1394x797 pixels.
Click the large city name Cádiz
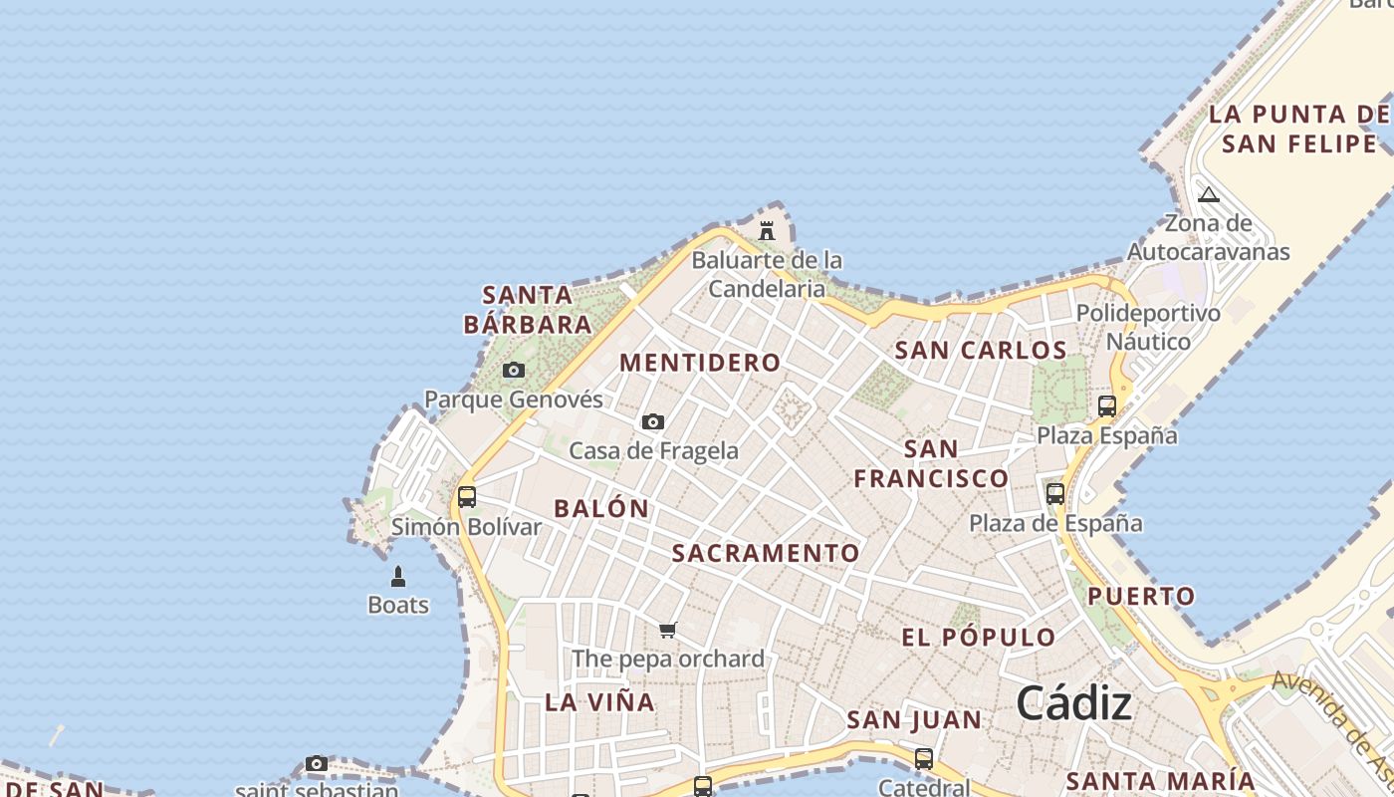(1073, 704)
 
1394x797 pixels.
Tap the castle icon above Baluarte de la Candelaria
(767, 231)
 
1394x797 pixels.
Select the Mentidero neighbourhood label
(700, 363)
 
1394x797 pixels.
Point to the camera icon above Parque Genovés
(514, 371)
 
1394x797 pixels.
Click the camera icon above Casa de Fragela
(653, 422)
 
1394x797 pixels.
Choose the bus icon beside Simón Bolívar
(467, 496)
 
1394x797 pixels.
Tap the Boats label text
(398, 605)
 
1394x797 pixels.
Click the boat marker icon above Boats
(398, 576)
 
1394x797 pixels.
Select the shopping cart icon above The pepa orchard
(668, 630)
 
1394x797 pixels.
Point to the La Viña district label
(599, 702)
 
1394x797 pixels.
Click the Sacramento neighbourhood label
(766, 554)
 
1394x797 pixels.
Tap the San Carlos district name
(981, 351)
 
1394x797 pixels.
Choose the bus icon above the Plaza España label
(1106, 405)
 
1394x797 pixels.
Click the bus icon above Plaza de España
(1055, 493)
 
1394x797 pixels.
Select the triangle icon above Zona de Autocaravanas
(1209, 194)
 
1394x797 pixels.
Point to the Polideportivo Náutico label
(1148, 327)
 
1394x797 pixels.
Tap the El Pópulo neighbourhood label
(978, 638)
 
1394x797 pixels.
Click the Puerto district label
(1141, 597)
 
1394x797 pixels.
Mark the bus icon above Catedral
(924, 758)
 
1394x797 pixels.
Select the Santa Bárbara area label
(528, 310)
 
